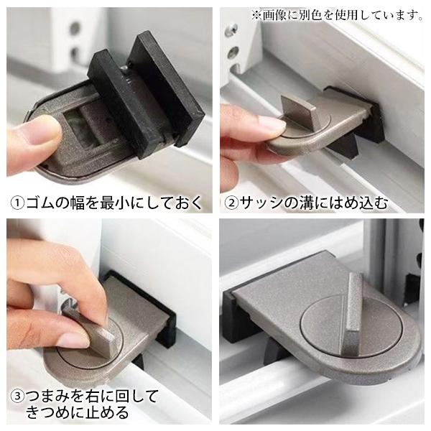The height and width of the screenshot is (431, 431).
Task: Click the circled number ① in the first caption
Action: [17, 203]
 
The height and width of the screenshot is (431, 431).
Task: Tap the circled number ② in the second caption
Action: [231, 203]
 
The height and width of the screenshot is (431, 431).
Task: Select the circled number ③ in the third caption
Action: [17, 397]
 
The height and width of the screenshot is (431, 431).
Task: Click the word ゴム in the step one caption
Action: [40, 203]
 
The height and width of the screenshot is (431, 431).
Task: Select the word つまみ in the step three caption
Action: [48, 396]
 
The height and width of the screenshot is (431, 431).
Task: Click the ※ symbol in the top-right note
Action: [256, 15]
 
